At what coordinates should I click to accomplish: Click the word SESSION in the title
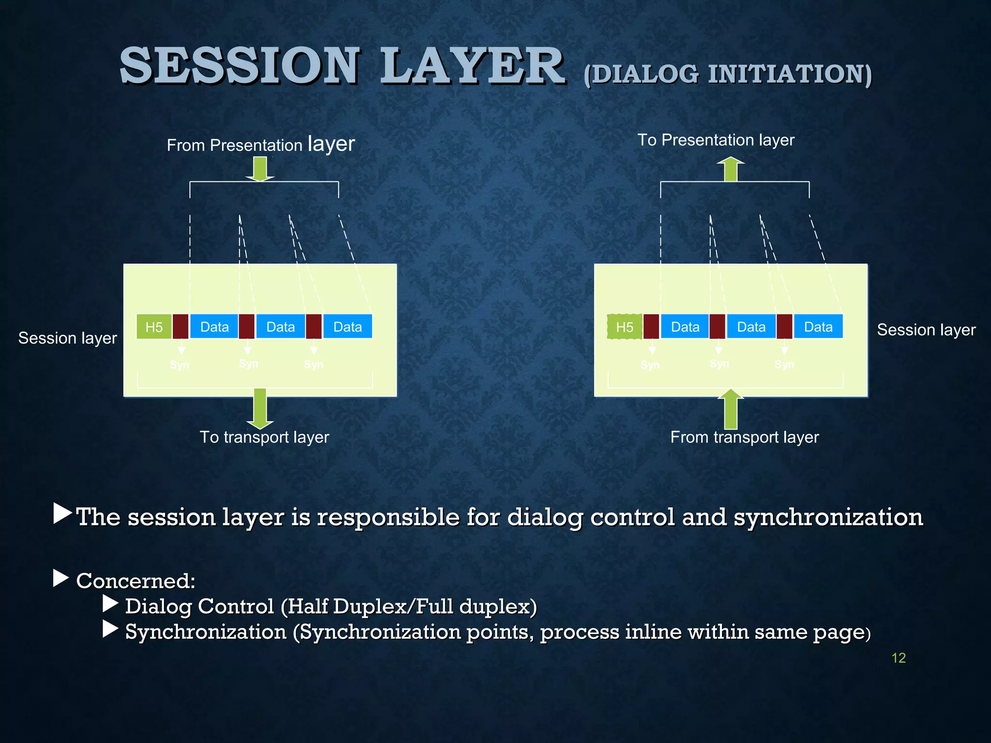(240, 66)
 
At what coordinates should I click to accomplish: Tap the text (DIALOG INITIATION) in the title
(727, 75)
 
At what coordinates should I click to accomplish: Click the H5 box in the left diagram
(154, 327)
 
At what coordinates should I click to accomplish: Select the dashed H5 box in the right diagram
(624, 327)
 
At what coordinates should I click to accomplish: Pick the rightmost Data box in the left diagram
(347, 327)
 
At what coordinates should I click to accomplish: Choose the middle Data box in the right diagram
(751, 327)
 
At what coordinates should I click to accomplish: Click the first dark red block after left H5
(180, 327)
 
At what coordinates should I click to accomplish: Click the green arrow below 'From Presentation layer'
(260, 169)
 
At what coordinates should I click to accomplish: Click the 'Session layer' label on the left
(68, 338)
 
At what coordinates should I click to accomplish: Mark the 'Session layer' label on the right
(926, 329)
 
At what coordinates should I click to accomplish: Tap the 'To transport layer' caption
(264, 437)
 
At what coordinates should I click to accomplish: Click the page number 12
(898, 658)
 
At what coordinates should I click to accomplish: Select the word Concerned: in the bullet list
(135, 580)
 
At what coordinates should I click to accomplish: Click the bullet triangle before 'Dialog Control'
(110, 604)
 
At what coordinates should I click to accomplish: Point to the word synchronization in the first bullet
(828, 517)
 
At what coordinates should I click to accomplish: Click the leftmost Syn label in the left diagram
(180, 364)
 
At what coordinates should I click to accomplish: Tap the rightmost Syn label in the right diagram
(784, 364)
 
